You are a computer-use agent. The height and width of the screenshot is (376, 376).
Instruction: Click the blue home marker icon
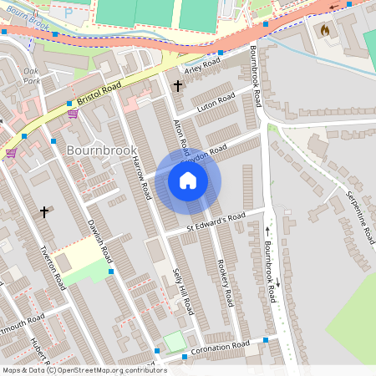click(188, 180)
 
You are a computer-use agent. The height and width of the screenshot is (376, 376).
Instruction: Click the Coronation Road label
click(220, 346)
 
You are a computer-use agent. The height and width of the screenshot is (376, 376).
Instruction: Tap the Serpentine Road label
click(360, 217)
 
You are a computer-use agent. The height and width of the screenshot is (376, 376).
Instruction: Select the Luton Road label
click(216, 103)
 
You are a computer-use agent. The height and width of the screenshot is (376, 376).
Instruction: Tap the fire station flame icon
click(325, 30)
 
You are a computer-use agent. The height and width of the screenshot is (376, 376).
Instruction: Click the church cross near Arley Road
click(177, 84)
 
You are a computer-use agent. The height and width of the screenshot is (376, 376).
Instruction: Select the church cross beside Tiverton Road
click(44, 212)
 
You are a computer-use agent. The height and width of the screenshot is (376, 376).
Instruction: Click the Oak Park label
click(32, 76)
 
